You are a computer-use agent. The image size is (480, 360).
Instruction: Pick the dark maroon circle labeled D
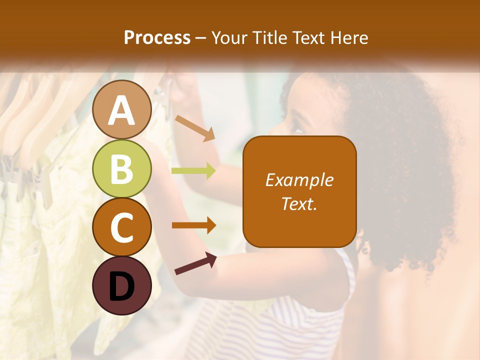(122, 285)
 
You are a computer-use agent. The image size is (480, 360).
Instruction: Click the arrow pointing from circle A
(195, 128)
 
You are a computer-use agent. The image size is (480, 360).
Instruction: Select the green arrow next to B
(193, 171)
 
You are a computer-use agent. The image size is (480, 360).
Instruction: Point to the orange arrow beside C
(194, 225)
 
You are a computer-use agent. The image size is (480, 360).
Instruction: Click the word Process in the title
(157, 37)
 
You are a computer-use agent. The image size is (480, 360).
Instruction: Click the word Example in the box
(299, 180)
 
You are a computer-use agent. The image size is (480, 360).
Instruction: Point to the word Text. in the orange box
(299, 204)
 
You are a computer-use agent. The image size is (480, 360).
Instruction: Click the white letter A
(122, 110)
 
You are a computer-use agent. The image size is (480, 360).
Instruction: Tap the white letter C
(122, 227)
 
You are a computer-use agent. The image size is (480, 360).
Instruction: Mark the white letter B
(122, 169)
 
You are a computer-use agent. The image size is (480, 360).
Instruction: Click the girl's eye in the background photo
(297, 130)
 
